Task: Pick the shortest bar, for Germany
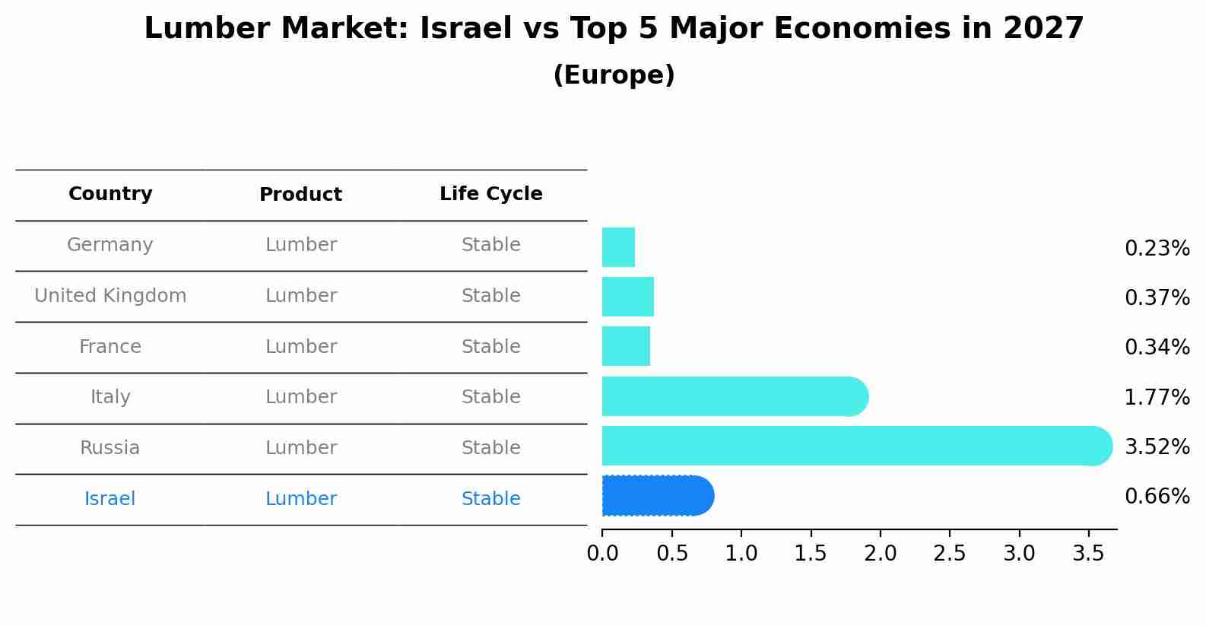[x=618, y=247]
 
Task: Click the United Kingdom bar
[x=628, y=297]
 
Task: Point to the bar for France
[x=626, y=346]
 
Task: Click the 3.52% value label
[x=1157, y=447]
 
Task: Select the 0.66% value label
[x=1157, y=497]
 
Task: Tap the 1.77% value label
[x=1157, y=398]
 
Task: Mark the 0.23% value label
[x=1157, y=249]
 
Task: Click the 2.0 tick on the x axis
[x=880, y=554]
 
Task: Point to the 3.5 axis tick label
[x=1088, y=554]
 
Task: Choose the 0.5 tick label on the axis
[x=672, y=554]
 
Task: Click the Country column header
[x=110, y=194]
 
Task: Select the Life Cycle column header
[x=490, y=194]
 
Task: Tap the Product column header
[x=300, y=195]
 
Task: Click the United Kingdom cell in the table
[x=110, y=296]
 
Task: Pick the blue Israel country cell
[x=110, y=499]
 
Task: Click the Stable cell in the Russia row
[x=490, y=448]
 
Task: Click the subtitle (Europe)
[x=614, y=75]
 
